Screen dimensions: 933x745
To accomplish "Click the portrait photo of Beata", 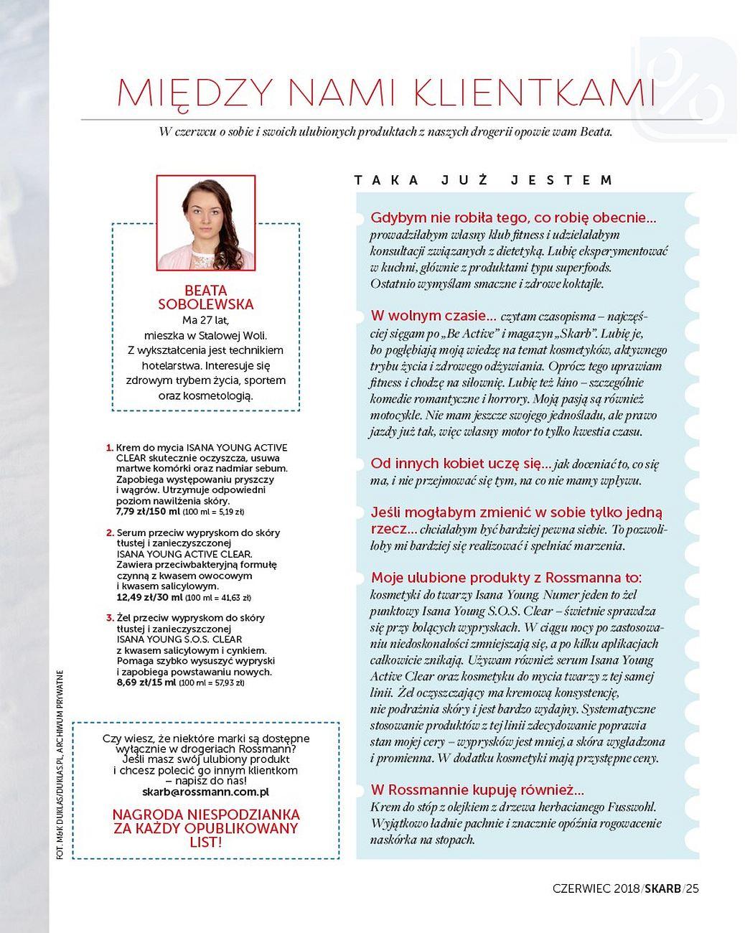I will (205, 222).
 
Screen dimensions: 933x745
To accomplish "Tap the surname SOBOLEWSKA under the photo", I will (205, 304).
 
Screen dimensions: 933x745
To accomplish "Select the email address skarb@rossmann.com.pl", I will (206, 792).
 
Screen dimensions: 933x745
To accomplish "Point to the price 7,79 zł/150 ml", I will (148, 512).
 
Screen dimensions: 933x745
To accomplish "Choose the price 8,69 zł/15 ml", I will (146, 683).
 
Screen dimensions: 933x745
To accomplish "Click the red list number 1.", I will (110, 447).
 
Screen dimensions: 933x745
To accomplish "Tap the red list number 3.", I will (110, 618).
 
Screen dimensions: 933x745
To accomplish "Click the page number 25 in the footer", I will (692, 889).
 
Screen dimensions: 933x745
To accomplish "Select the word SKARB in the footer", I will (662, 889).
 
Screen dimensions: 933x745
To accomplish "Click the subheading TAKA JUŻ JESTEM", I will (484, 180).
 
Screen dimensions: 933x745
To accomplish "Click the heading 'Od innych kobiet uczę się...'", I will (460, 464).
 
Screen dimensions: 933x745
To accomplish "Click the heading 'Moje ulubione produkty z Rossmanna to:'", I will (506, 578).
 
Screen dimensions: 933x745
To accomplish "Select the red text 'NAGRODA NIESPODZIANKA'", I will (206, 815).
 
